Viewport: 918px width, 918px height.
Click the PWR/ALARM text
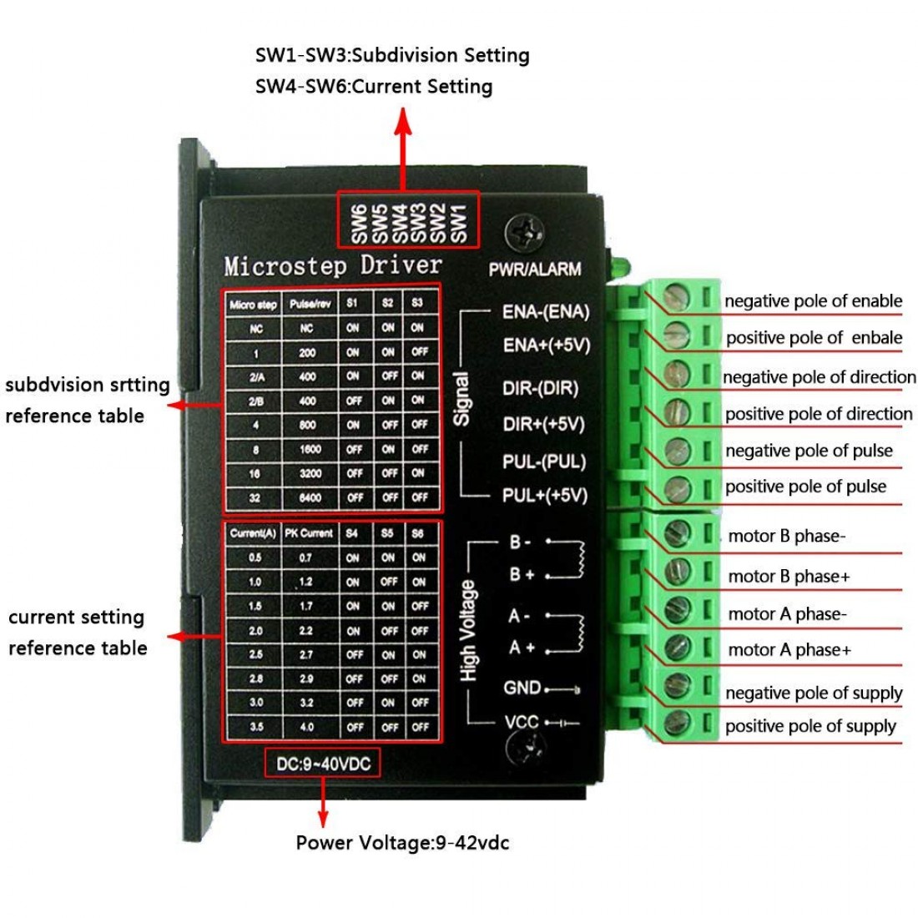coord(535,270)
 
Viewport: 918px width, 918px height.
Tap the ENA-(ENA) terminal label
coord(545,312)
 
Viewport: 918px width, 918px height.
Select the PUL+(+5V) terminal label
coord(544,496)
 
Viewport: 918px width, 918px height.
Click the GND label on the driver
coord(522,688)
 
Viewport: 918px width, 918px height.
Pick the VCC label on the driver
coord(522,722)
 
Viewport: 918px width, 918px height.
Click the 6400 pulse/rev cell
coord(309,498)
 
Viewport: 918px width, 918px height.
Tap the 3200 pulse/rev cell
coord(309,473)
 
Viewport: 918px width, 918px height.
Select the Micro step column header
coord(253,305)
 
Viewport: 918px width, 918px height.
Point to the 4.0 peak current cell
coord(307,728)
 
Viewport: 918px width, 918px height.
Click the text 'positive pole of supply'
coord(810,726)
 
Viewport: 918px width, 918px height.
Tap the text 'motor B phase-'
coord(786,536)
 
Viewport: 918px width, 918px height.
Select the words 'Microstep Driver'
coord(332,266)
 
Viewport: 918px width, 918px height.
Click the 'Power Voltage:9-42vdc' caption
coord(402,843)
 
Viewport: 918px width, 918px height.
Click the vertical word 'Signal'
coord(461,399)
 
